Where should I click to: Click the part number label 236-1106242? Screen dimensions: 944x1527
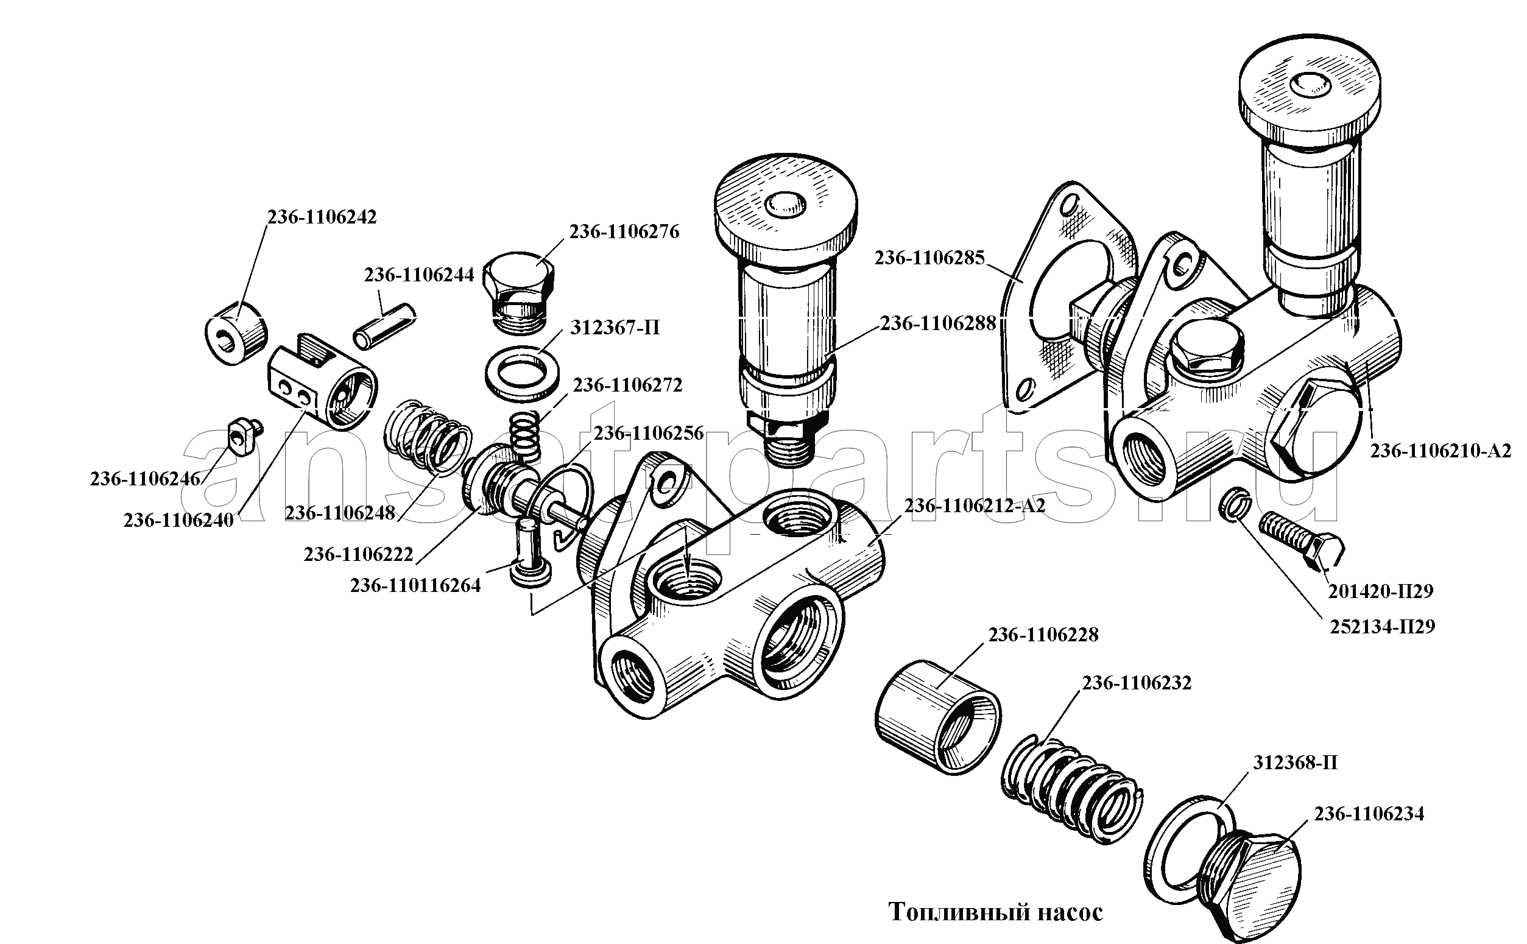click(322, 217)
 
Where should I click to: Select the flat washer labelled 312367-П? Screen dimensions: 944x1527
click(522, 374)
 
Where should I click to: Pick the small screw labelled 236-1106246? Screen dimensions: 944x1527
click(243, 436)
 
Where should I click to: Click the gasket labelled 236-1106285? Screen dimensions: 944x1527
click(1055, 300)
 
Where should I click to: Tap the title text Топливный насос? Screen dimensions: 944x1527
click(995, 912)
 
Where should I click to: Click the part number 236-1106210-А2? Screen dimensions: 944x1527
click(1441, 451)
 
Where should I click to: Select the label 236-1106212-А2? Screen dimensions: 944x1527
click(975, 505)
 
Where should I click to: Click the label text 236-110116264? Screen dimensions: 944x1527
click(415, 586)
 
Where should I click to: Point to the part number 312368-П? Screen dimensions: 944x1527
click(1295, 763)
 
